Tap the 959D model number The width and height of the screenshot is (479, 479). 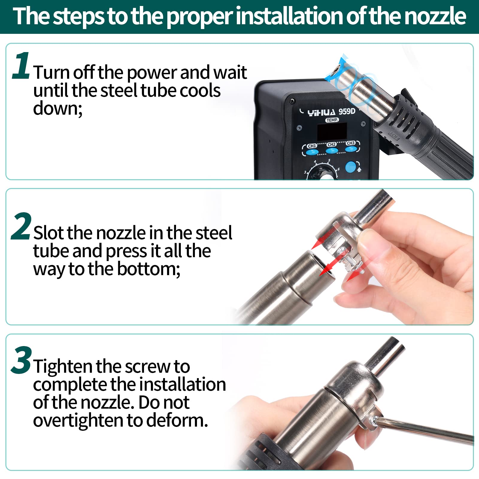coord(347,111)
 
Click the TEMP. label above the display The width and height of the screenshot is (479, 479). coord(332,120)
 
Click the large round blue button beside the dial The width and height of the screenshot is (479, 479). coord(351,167)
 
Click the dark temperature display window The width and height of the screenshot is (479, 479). coord(332,131)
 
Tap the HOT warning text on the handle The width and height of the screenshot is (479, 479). coord(393,136)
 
